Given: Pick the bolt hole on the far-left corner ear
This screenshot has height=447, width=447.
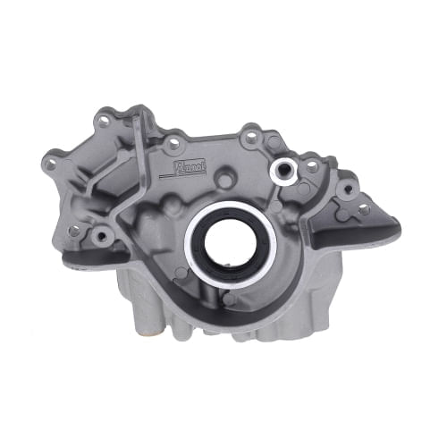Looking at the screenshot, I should tap(53, 164).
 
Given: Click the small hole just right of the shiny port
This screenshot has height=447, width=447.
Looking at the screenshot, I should tap(311, 165).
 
